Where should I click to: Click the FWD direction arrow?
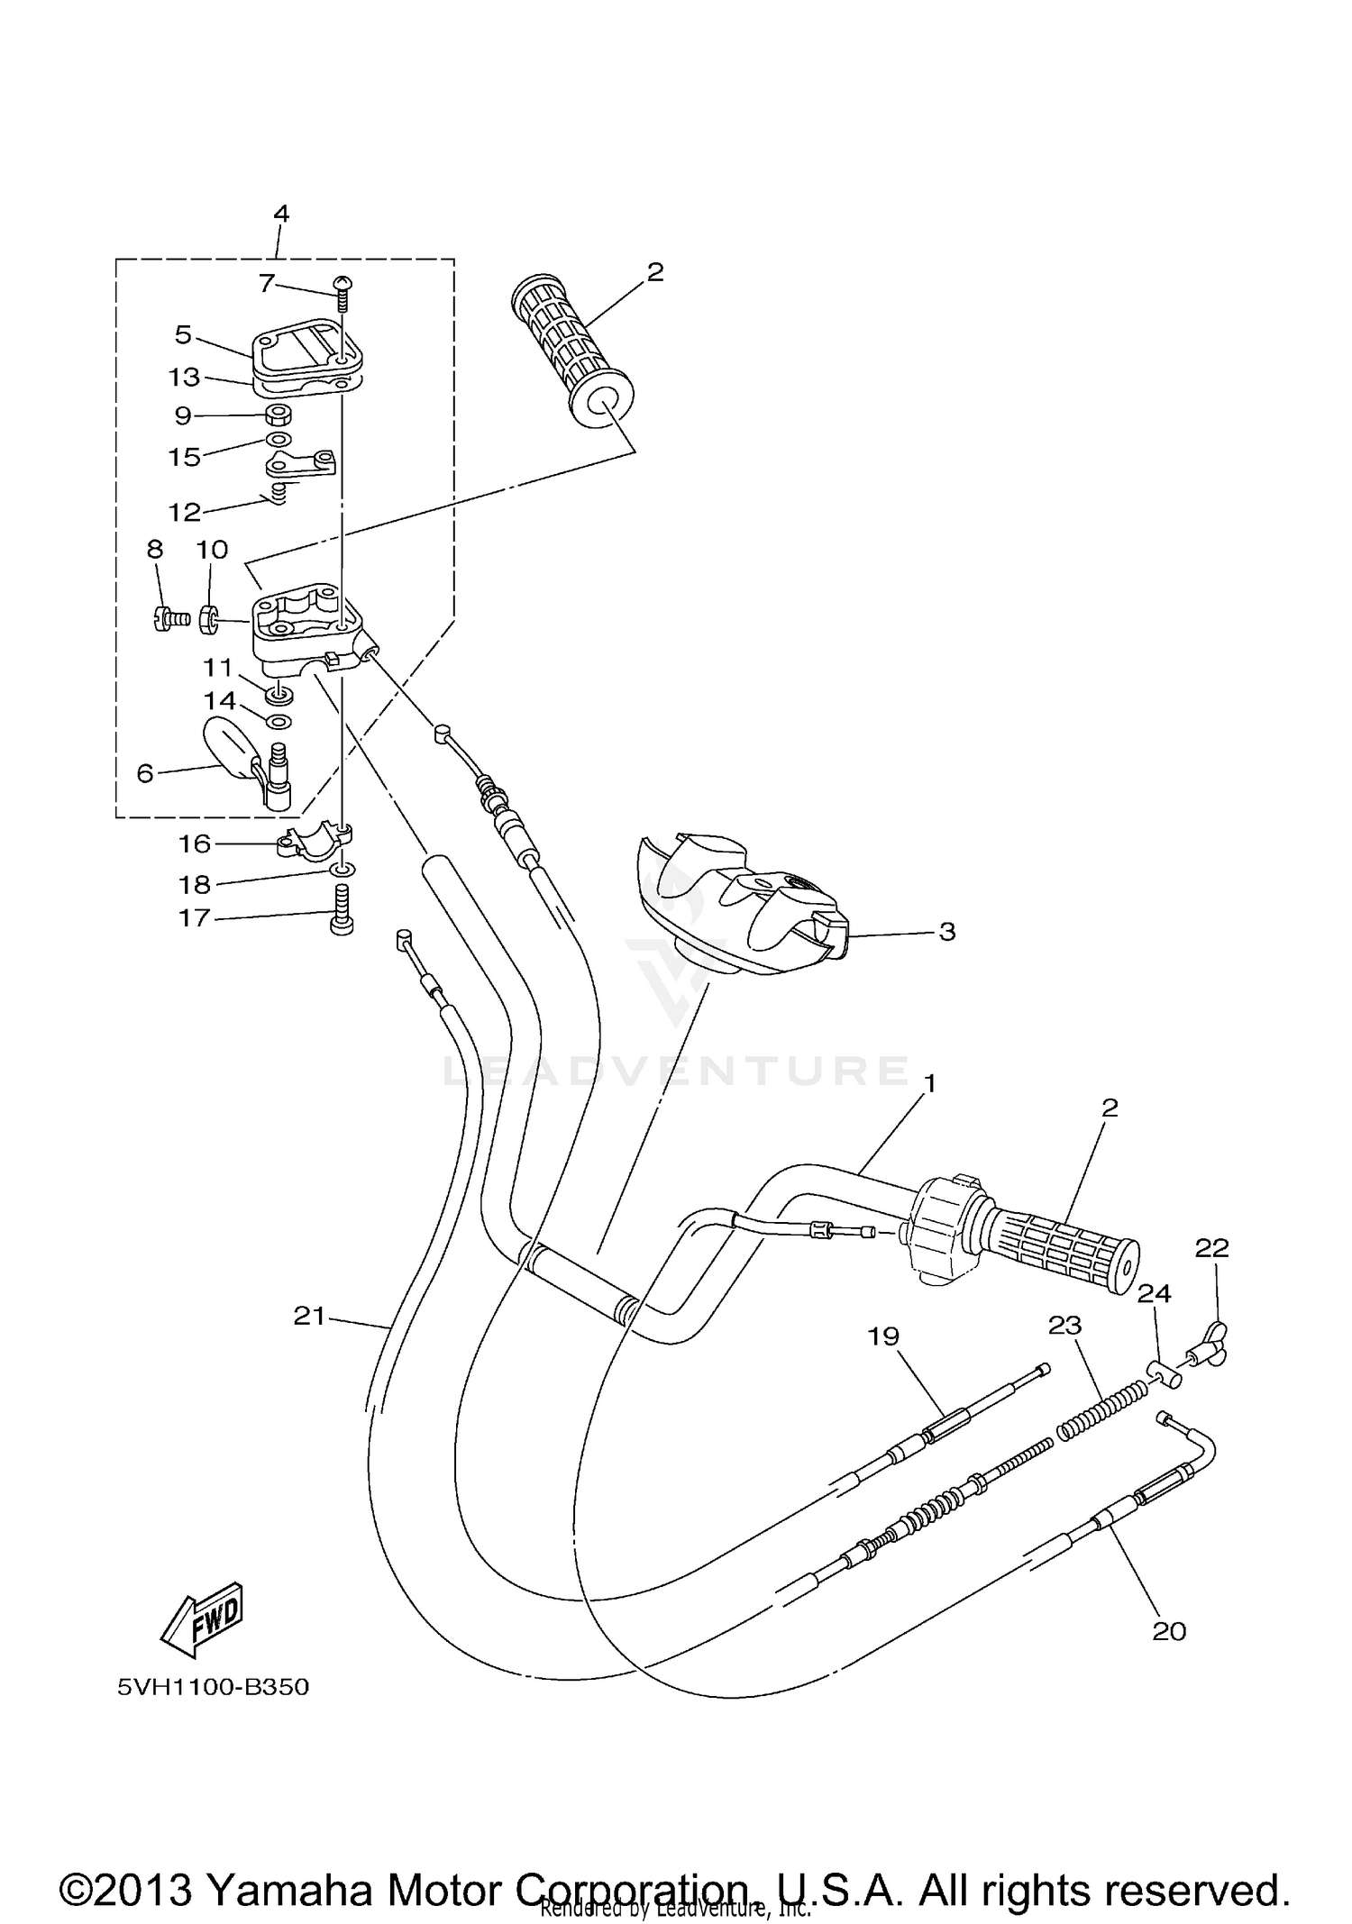pyautogui.click(x=203, y=1619)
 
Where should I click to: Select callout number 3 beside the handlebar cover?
pyautogui.click(x=946, y=932)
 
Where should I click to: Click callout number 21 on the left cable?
pyautogui.click(x=309, y=1317)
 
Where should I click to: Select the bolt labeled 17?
pyautogui.click(x=343, y=910)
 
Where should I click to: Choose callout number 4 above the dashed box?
pyautogui.click(x=281, y=214)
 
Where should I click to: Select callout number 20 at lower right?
pyautogui.click(x=1169, y=1631)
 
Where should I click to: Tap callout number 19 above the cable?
pyautogui.click(x=883, y=1336)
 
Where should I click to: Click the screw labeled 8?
pyautogui.click(x=163, y=619)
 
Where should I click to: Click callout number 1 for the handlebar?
pyautogui.click(x=930, y=1083)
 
